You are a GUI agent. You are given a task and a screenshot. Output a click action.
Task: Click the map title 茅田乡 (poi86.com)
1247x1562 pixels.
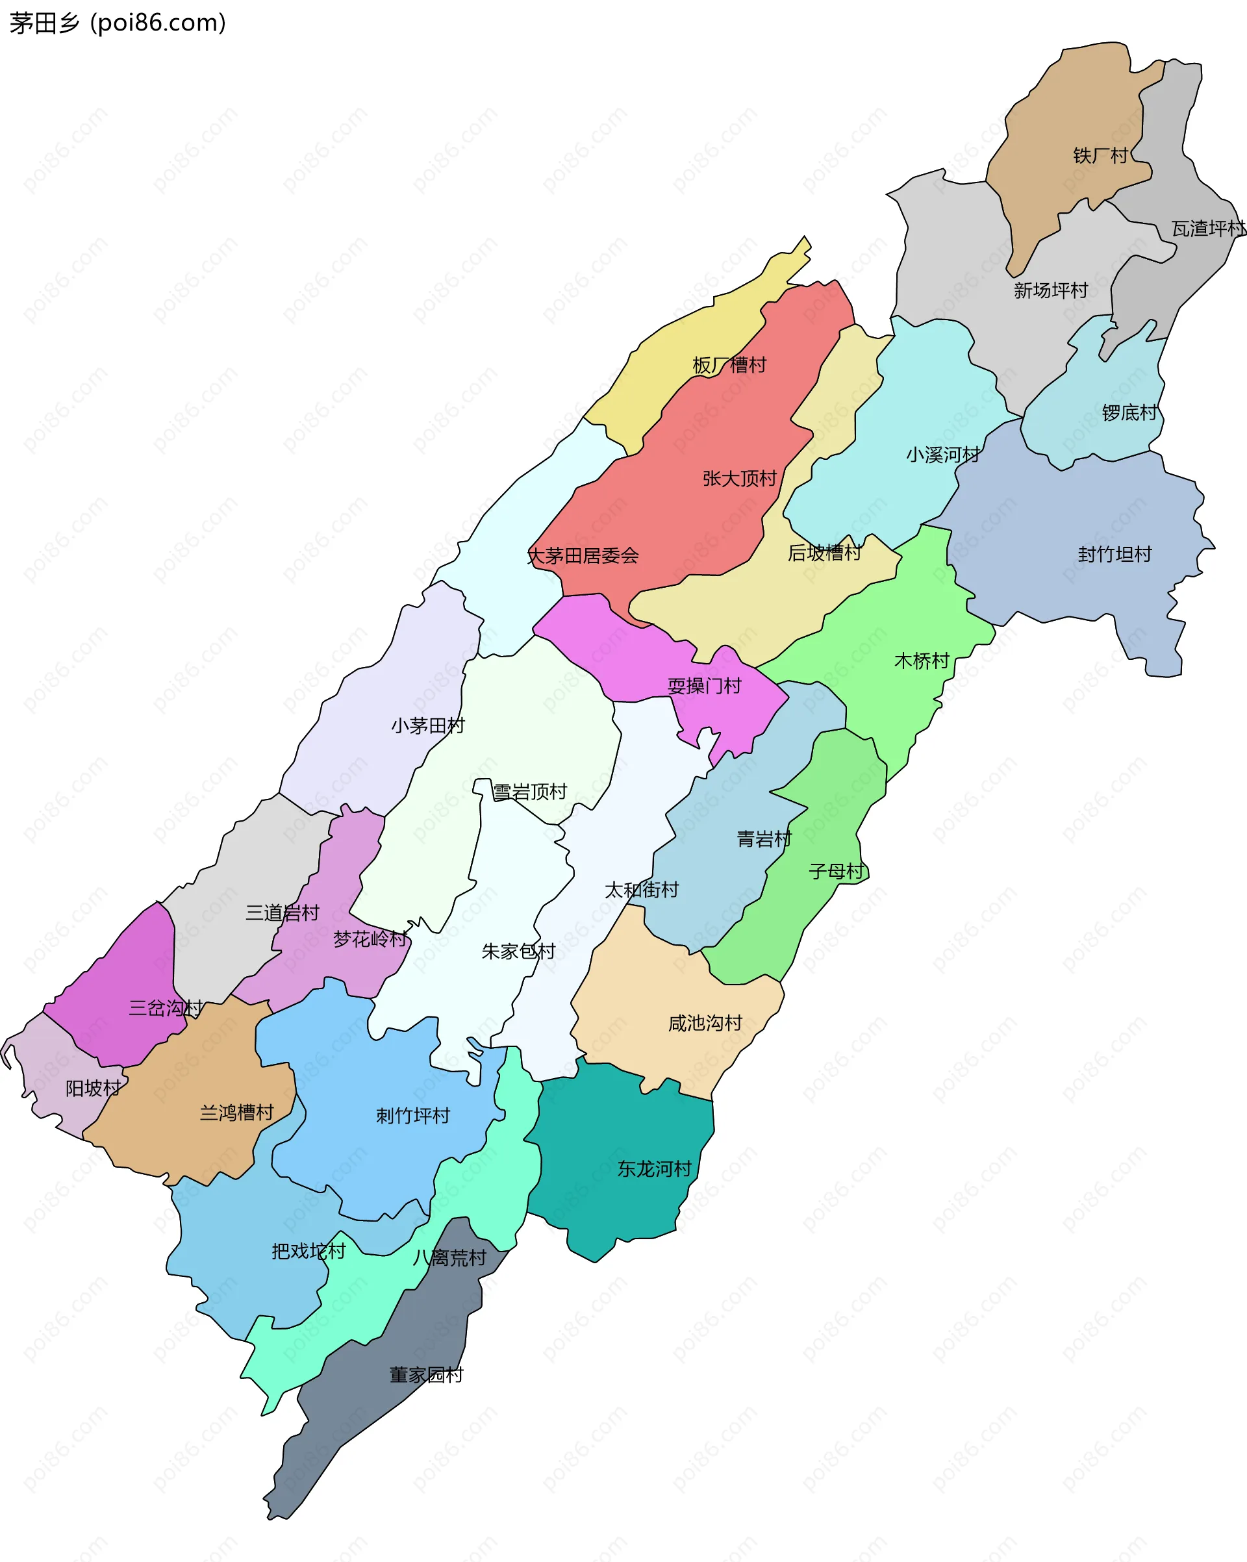[118, 23]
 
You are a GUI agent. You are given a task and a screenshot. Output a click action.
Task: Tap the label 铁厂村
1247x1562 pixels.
[1100, 156]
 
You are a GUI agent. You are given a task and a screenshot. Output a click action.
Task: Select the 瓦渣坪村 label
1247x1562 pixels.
[1209, 229]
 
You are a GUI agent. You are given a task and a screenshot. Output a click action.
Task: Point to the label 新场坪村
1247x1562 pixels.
[1051, 290]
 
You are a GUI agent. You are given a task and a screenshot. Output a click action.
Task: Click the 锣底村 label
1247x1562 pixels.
[1129, 413]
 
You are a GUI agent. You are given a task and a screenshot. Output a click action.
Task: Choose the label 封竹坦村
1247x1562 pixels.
[1115, 554]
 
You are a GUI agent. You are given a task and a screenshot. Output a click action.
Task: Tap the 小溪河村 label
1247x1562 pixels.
[942, 455]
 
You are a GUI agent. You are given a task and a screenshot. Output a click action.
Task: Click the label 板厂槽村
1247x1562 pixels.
[729, 365]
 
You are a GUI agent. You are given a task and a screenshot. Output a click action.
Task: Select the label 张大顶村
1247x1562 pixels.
[739, 479]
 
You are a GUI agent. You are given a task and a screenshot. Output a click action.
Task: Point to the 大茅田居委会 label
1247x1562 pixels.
[583, 557]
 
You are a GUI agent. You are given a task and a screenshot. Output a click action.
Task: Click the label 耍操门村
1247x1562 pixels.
[704, 686]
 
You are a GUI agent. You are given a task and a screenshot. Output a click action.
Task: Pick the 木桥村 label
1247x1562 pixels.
[922, 661]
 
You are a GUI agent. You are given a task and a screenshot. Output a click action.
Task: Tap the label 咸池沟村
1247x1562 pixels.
[705, 1023]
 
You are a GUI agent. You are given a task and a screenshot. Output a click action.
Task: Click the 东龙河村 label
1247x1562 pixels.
[654, 1168]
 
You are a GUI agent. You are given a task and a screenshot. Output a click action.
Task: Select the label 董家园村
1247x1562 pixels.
[426, 1375]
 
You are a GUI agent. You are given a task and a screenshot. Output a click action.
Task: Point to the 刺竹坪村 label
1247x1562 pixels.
[413, 1116]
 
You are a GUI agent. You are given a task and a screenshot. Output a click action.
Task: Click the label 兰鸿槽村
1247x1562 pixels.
[237, 1112]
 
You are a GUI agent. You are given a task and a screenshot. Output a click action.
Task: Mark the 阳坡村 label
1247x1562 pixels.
[94, 1088]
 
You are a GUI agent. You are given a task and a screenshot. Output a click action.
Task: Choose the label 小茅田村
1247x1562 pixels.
[427, 726]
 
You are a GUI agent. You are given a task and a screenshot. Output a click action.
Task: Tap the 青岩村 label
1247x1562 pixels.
[764, 839]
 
